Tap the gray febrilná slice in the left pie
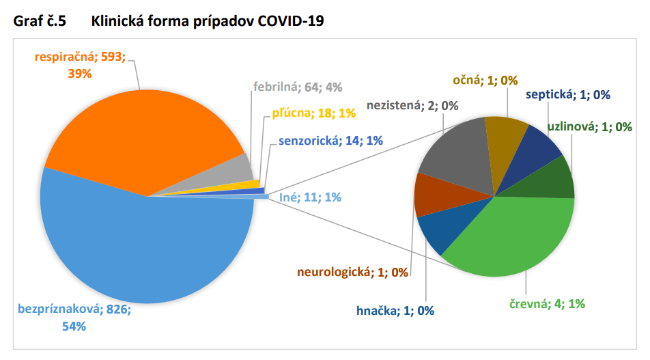(240, 167)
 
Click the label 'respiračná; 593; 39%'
(81, 65)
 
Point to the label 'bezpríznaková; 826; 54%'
(75, 318)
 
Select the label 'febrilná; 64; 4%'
(298, 87)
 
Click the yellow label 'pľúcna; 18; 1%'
(309, 113)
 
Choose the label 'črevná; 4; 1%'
(546, 304)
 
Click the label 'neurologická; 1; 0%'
(352, 273)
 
